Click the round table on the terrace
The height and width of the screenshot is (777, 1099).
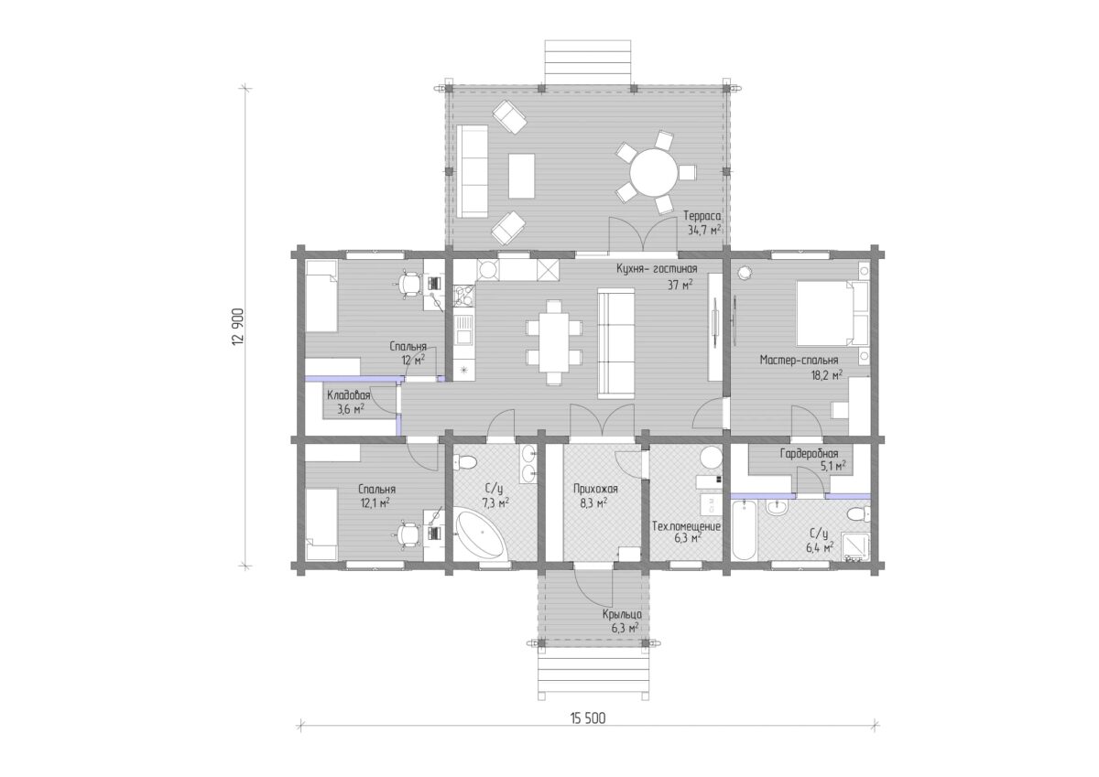tap(653, 173)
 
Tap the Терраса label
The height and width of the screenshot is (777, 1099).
tap(702, 216)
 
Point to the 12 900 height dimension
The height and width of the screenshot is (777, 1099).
tap(237, 327)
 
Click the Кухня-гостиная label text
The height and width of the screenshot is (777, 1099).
tap(657, 269)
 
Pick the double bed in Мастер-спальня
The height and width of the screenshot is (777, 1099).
tap(832, 313)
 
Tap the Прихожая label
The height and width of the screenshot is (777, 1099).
tap(595, 489)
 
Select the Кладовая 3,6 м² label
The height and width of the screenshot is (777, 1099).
tap(349, 402)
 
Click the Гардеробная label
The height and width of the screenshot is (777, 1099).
tap(809, 454)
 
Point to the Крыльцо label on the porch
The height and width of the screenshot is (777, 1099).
tap(622, 615)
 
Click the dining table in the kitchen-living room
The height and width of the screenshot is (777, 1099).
tap(554, 342)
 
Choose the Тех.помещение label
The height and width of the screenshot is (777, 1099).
tap(686, 526)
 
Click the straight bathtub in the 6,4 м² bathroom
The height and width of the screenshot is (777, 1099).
tap(744, 530)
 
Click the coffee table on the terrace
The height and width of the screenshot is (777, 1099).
tap(521, 176)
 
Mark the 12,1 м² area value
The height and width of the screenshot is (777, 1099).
tap(375, 502)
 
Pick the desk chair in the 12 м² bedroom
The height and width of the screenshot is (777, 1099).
tap(410, 283)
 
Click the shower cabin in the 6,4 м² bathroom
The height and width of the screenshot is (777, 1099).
tap(856, 546)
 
